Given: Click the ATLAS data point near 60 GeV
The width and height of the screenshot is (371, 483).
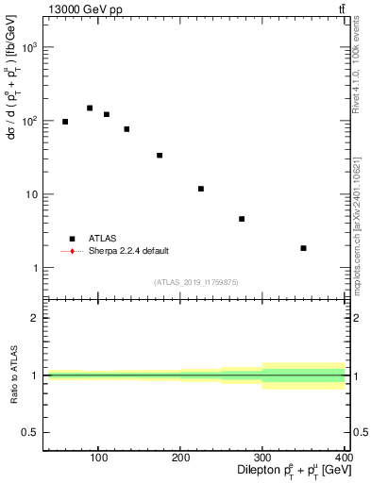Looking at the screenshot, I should point(65,122).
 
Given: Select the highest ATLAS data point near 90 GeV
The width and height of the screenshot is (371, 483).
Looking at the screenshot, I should point(90,108).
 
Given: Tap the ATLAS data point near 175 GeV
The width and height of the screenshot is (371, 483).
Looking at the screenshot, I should point(160,156).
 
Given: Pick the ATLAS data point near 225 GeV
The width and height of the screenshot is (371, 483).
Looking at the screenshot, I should point(201,189).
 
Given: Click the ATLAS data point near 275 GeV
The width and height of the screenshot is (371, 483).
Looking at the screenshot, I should point(242,219).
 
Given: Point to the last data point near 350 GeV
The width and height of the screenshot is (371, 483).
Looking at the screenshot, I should point(303,248).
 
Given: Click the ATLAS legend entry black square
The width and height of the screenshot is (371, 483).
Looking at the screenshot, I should point(72,239).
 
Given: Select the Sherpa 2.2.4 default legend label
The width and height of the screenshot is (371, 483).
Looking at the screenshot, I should point(130,251).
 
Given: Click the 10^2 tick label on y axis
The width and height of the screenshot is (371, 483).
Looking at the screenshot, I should point(29,121).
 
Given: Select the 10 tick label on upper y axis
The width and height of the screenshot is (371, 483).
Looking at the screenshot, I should point(31,194).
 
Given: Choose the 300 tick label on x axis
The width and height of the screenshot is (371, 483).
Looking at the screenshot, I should point(262,458).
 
